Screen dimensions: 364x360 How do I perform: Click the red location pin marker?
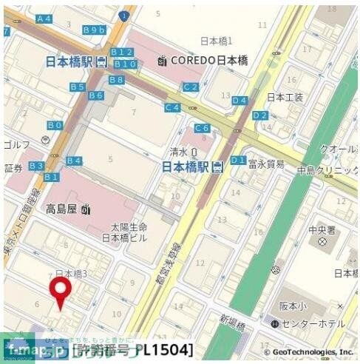[x=61, y=291]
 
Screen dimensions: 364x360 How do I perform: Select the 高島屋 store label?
[x=67, y=209]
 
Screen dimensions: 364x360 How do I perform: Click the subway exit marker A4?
[x=44, y=18]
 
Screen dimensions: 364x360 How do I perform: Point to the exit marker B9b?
[x=95, y=30]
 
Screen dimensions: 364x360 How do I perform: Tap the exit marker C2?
[x=191, y=87]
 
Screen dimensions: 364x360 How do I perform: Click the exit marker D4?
[x=240, y=100]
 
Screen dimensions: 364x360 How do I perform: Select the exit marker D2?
[x=259, y=115]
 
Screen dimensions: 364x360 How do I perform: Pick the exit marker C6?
[x=202, y=128]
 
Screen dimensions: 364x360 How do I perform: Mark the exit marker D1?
[x=238, y=160]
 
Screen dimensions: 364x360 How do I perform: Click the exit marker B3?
[x=36, y=166]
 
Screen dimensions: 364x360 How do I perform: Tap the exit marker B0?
[x=55, y=126]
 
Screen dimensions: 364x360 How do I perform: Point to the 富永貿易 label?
[x=266, y=164]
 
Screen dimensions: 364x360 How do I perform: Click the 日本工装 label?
[x=285, y=97]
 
